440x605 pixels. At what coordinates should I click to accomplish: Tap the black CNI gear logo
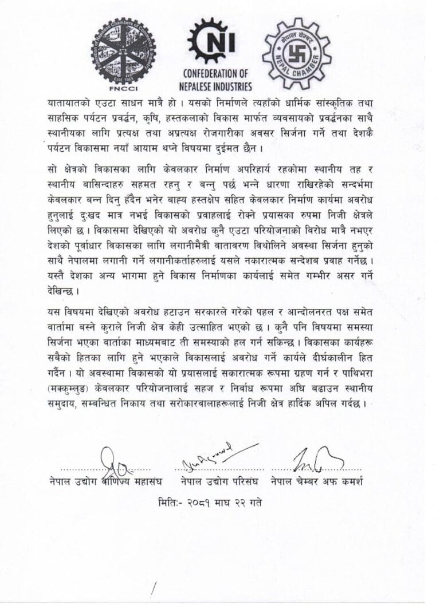pos(217,41)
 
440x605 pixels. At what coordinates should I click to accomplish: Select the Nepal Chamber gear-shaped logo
pos(297,53)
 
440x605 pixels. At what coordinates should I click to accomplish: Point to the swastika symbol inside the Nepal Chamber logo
pos(297,54)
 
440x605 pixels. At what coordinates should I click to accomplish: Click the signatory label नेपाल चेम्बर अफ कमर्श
pos(317,481)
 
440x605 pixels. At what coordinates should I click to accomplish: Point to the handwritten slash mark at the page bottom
pos(155,590)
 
